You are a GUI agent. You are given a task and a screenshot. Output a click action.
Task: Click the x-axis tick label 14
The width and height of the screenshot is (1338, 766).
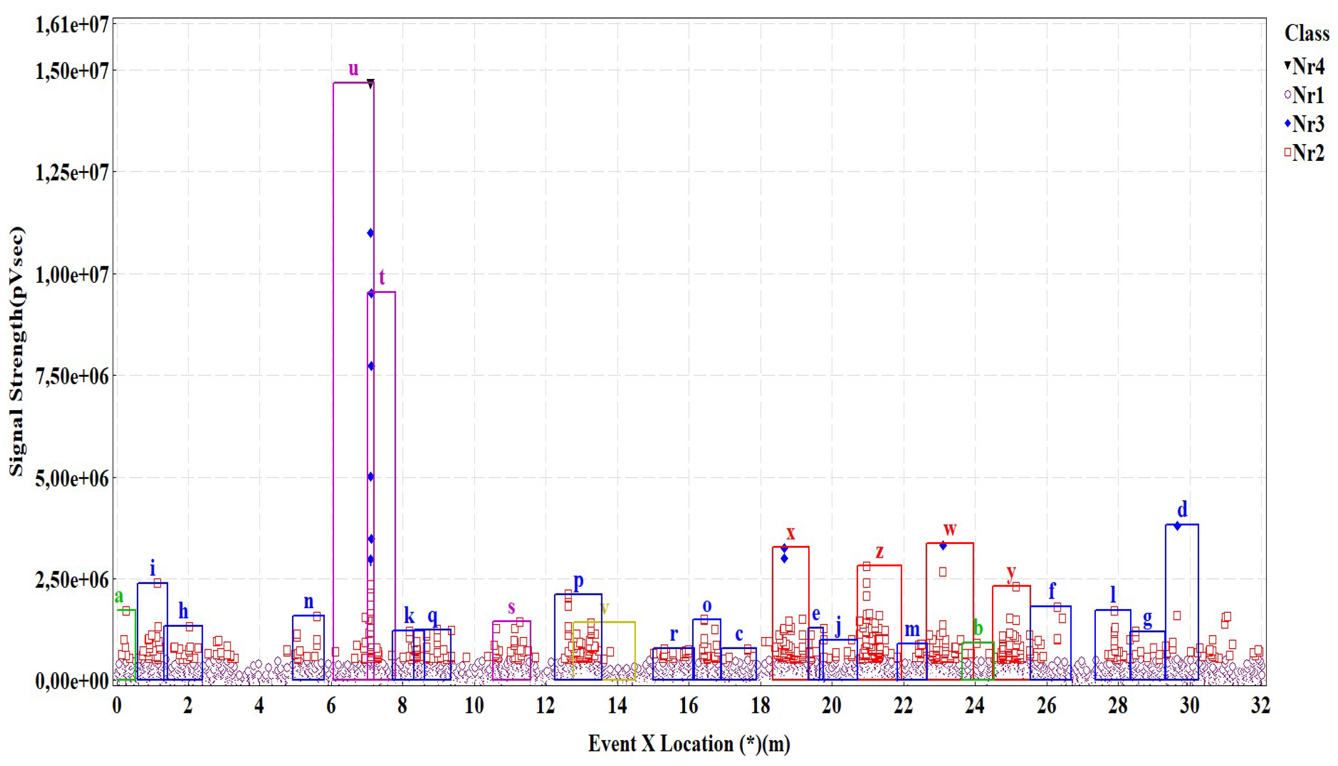[x=617, y=705]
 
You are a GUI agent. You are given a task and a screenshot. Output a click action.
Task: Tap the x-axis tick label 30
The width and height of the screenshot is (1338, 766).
[x=1189, y=705]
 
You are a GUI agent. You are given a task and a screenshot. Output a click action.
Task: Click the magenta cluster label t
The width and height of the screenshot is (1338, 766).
[x=382, y=277]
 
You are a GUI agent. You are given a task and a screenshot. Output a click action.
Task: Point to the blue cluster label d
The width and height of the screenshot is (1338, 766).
[x=1182, y=509]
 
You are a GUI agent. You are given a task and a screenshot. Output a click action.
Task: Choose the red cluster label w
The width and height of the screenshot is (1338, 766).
[x=949, y=529]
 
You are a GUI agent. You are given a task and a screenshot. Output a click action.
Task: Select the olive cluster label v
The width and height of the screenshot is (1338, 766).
[x=605, y=609]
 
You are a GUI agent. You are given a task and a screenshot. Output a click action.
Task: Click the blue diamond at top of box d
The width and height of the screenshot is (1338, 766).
[x=1177, y=525]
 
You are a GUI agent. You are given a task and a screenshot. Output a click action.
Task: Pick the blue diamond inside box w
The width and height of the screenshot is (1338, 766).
[x=943, y=546]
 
